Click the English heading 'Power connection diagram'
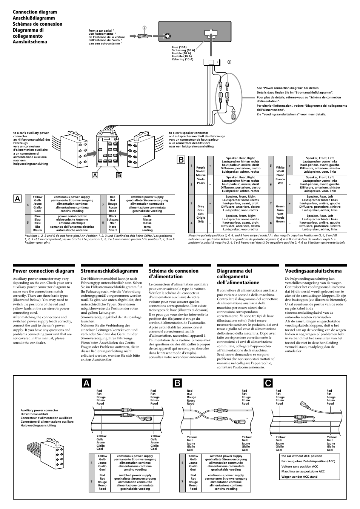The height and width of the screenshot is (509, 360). click(x=43, y=271)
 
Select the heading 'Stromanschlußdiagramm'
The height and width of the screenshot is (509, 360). click(x=109, y=271)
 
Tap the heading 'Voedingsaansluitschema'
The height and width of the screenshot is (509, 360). click(x=313, y=271)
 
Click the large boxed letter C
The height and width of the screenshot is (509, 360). click(x=268, y=384)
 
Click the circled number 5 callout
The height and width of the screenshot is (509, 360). click(x=229, y=62)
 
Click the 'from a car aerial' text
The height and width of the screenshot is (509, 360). click(x=101, y=31)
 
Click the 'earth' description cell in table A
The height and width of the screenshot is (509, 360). click(x=147, y=216)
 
